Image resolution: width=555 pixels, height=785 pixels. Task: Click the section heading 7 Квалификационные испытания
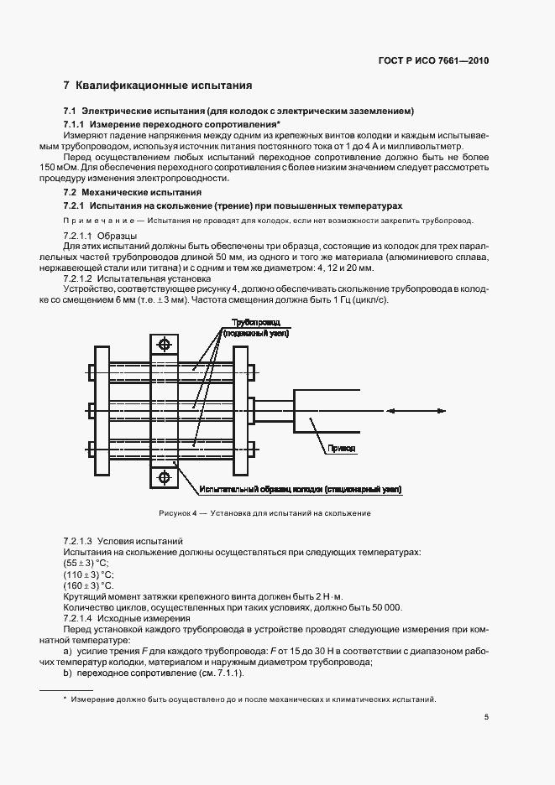tap(158, 86)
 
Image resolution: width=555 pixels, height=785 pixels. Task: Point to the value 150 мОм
tap(79, 167)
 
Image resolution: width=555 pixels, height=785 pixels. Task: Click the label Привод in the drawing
tap(342, 449)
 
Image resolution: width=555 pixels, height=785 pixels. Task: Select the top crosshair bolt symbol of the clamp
tap(164, 345)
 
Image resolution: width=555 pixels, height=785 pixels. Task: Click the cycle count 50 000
tap(385, 607)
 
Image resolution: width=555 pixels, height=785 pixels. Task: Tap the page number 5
tap(487, 716)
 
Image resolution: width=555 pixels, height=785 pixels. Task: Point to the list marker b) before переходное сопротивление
tap(67, 673)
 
